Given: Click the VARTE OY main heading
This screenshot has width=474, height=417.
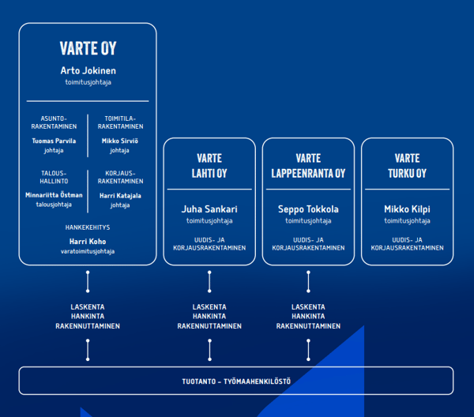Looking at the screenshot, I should [88, 49].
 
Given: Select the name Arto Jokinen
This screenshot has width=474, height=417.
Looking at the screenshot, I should [88, 71].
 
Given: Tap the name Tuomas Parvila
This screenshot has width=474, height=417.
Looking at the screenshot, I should [54, 141].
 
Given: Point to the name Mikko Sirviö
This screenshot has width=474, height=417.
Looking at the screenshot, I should [119, 141].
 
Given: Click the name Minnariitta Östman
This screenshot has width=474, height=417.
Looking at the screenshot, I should [54, 195].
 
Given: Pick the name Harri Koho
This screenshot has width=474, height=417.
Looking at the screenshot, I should [88, 242].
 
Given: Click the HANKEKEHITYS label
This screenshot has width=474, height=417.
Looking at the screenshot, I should [88, 227].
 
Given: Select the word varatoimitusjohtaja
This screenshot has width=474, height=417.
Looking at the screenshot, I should [88, 252].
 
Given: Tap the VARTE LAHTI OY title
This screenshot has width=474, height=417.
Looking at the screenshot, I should [210, 166].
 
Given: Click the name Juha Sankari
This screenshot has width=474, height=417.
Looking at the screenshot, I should [210, 210].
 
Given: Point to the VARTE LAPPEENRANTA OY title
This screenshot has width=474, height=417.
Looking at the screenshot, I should [308, 166].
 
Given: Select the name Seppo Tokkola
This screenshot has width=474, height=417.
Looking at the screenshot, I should [308, 210].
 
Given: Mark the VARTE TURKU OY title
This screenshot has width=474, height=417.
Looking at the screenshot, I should [408, 166].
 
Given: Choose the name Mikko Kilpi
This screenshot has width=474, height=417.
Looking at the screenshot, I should [408, 210].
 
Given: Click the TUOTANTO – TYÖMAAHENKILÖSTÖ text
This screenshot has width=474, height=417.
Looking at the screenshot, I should [236, 381].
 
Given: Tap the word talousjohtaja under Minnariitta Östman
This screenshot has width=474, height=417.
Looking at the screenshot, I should [54, 205].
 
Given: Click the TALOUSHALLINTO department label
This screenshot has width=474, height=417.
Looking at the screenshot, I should [54, 177].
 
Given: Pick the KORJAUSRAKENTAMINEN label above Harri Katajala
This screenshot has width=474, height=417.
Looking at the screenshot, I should [120, 177].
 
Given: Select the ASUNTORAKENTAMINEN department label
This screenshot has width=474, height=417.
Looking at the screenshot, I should [54, 122].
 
